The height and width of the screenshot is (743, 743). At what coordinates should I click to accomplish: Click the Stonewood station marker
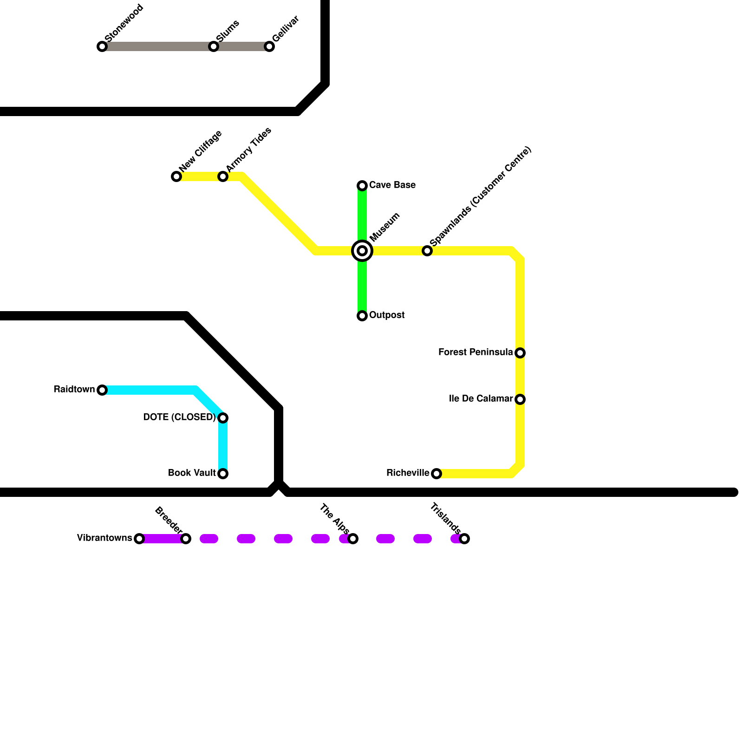click(102, 46)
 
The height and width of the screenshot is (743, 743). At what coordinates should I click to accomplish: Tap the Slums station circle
click(214, 46)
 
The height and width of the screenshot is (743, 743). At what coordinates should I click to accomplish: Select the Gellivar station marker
click(269, 46)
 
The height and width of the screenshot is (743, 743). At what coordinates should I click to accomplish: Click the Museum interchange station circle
click(362, 251)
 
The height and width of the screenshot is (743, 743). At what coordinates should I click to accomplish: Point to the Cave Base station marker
click(362, 186)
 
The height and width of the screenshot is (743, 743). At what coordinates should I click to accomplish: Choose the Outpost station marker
click(362, 316)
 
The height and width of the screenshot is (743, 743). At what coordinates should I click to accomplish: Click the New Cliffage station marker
click(176, 176)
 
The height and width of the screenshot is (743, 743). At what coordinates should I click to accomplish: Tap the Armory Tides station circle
click(223, 176)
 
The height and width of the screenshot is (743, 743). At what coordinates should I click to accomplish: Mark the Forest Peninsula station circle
click(520, 353)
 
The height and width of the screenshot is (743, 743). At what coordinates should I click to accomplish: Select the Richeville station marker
click(437, 474)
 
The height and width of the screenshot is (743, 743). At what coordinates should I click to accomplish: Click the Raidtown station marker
click(102, 390)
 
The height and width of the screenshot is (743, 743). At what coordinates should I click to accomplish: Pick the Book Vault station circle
click(223, 474)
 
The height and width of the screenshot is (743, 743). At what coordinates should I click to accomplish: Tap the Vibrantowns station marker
click(139, 539)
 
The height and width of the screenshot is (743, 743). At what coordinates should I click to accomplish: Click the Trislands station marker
click(464, 539)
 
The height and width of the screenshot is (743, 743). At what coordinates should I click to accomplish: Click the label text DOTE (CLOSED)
click(179, 417)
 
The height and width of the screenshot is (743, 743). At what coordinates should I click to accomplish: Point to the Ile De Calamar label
click(481, 399)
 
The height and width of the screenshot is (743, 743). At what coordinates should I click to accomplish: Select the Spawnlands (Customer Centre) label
click(480, 197)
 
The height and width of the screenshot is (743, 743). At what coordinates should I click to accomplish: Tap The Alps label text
click(334, 518)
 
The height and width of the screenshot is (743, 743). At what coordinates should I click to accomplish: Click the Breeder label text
click(168, 520)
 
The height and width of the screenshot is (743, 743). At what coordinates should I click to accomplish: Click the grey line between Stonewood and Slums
click(158, 46)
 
